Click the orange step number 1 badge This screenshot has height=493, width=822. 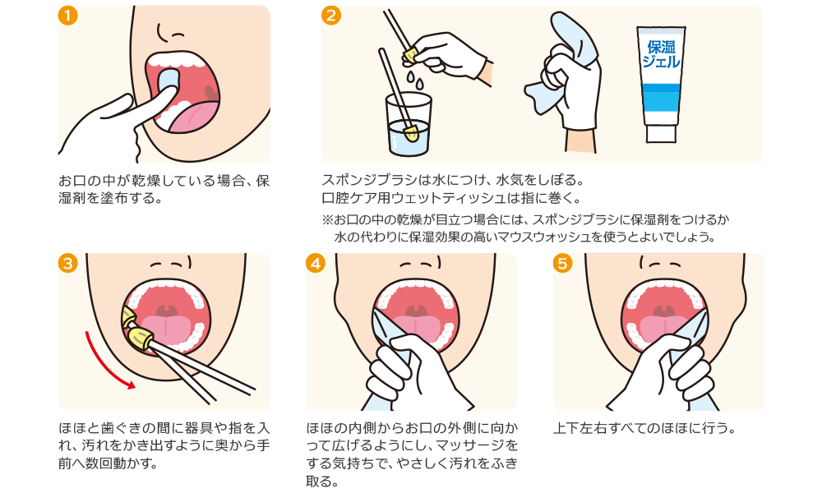69,16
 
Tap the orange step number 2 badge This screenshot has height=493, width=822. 331,16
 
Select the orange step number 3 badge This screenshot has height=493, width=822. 69,263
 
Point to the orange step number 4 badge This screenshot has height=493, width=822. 316,263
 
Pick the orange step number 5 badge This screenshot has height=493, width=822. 562,263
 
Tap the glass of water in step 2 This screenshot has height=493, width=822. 409,123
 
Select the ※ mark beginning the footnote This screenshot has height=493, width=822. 326,219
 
